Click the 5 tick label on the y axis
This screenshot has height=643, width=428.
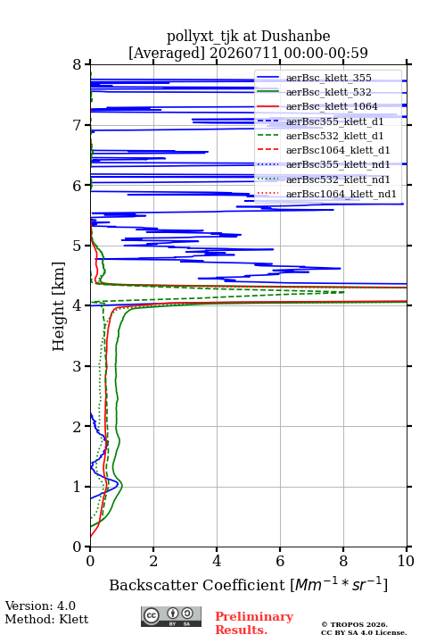click(78, 246)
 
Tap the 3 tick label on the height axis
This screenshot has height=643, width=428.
click(78, 366)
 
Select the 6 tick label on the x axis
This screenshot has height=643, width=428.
click(280, 561)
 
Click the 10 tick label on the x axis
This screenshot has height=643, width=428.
click(407, 561)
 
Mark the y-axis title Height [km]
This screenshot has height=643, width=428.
click(58, 306)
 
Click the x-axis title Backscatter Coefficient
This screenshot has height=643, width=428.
click(196, 585)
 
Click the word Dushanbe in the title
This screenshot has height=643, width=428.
click(295, 36)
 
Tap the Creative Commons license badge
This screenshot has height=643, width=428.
click(171, 617)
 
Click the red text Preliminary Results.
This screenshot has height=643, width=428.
click(254, 623)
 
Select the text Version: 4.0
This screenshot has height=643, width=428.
click(40, 605)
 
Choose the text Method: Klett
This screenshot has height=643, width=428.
click(46, 619)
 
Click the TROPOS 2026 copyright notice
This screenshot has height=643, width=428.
click(355, 624)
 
